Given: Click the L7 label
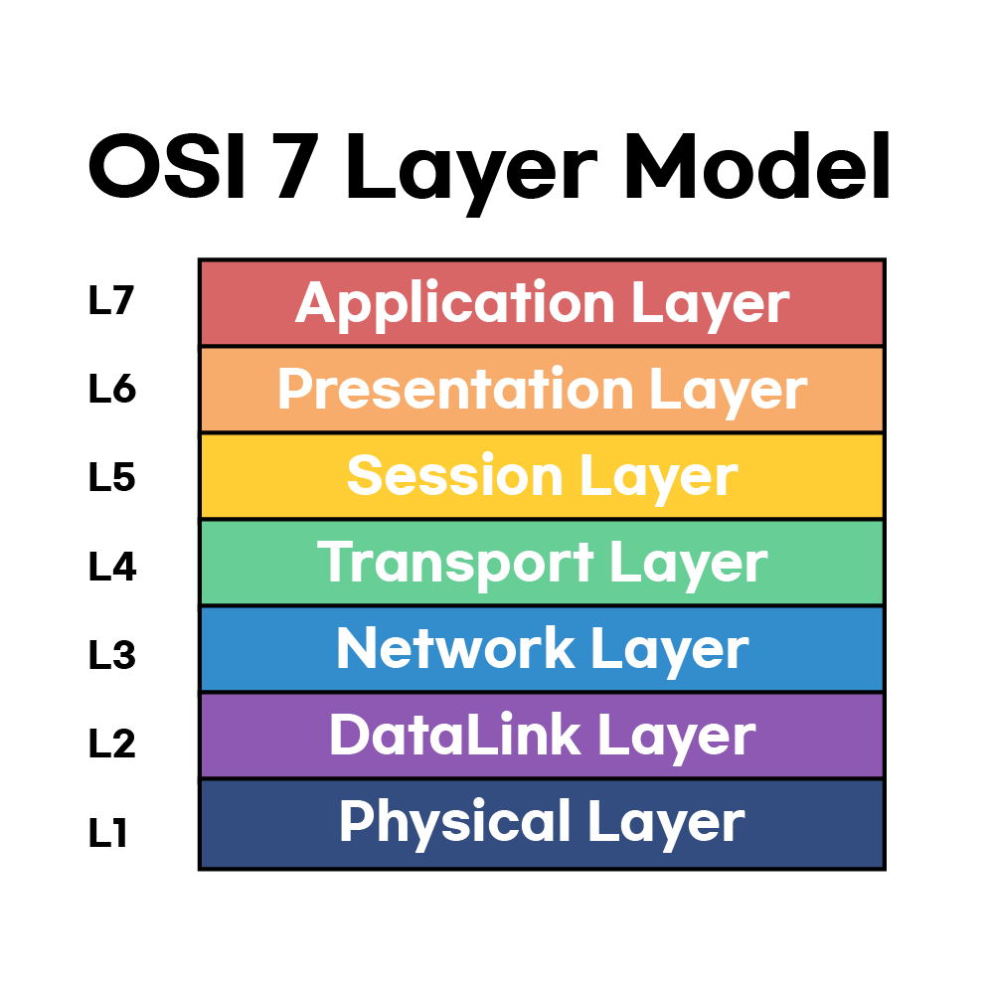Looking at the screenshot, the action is click(110, 301).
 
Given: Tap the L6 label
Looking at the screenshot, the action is click(111, 390).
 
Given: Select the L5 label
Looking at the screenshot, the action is click(111, 478).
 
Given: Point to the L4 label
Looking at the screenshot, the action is click(111, 567).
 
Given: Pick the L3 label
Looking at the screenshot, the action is click(111, 655).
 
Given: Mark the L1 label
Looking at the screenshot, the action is click(109, 832).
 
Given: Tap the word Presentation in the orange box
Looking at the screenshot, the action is click(455, 390).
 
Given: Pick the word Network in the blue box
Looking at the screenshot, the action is click(455, 649).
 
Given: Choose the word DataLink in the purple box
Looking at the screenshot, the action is click(455, 736).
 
